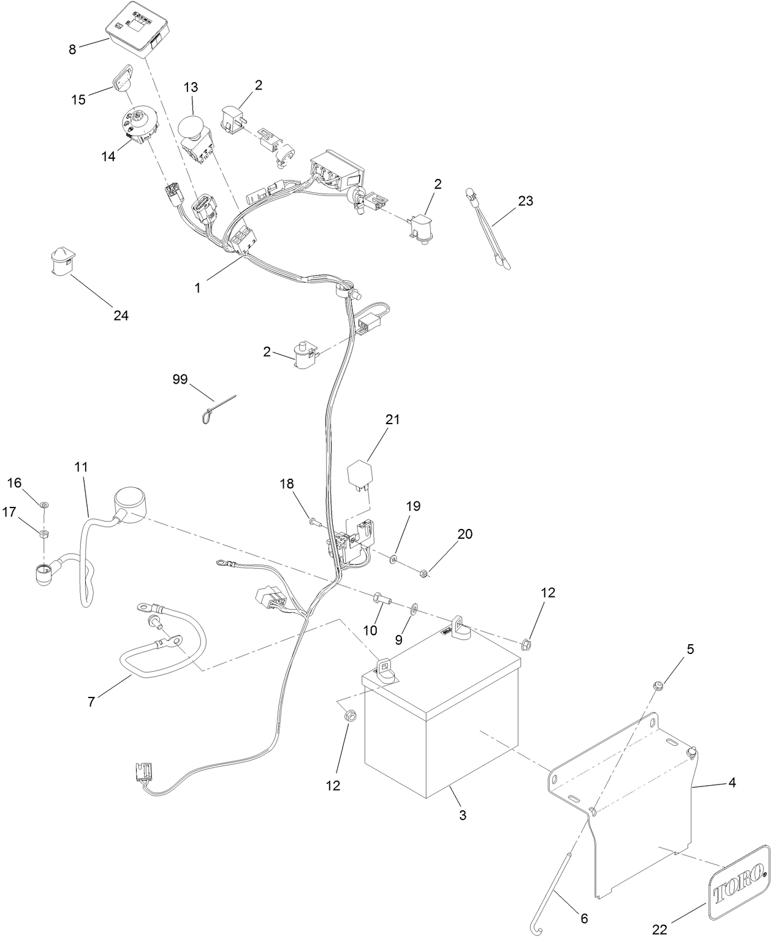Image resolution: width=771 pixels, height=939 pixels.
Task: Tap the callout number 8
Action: coord(72,50)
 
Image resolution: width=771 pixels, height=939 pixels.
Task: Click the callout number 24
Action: coord(121,316)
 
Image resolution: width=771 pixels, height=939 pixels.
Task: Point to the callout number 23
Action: coord(525,200)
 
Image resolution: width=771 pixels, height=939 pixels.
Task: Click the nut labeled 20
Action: coord(423,574)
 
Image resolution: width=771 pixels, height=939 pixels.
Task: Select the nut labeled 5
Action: coord(658,684)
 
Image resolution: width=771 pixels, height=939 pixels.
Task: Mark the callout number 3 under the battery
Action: coord(463,815)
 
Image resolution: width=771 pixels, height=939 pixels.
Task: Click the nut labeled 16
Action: coord(44,504)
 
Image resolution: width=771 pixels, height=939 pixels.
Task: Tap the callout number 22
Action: coord(659,929)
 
